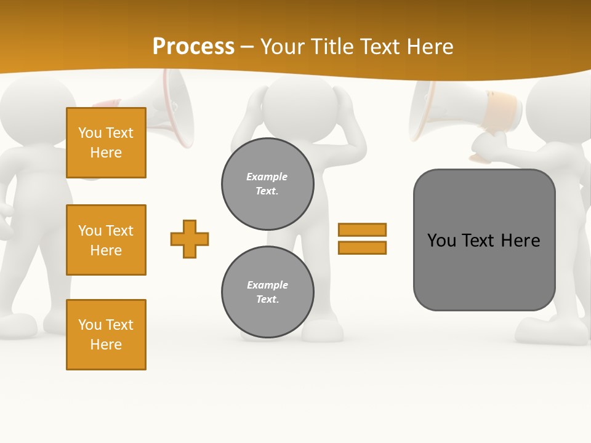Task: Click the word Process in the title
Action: click(x=193, y=47)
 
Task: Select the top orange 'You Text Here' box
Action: click(x=106, y=143)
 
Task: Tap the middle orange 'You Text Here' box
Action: click(x=106, y=240)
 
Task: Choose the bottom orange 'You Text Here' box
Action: click(x=106, y=335)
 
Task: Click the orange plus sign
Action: click(x=190, y=239)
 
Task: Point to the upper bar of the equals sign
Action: click(x=362, y=229)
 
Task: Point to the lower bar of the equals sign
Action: click(x=362, y=247)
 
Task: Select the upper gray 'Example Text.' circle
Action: click(x=268, y=184)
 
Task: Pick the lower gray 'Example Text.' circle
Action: click(x=268, y=292)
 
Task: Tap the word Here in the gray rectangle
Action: click(x=520, y=241)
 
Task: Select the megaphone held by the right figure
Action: click(x=456, y=111)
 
